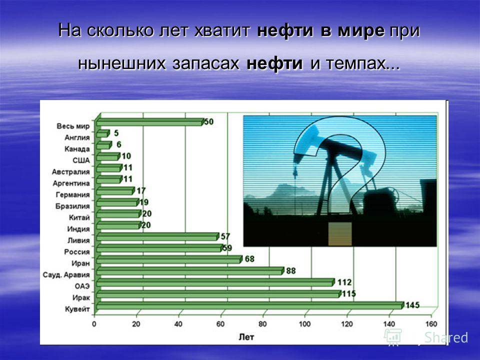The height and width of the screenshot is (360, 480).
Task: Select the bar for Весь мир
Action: (150, 122)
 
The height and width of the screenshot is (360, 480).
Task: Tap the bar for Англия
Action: (103, 134)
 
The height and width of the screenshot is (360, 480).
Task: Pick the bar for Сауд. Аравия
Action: (190, 271)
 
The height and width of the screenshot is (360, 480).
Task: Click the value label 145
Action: (412, 305)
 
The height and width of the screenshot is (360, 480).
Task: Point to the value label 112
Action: (344, 282)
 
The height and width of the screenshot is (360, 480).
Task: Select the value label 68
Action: (249, 259)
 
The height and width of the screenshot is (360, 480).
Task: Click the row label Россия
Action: (77, 252)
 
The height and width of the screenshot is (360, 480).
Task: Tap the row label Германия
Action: (73, 194)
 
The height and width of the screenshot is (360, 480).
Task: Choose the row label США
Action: (81, 160)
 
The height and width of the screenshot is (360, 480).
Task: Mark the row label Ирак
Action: (81, 297)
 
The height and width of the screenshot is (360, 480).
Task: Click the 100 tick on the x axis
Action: (304, 324)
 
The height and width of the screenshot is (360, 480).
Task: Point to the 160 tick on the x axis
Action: (431, 324)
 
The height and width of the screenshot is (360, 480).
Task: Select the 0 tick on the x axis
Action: (94, 324)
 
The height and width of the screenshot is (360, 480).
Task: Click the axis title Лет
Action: (246, 337)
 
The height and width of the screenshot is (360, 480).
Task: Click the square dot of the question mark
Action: (340, 234)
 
